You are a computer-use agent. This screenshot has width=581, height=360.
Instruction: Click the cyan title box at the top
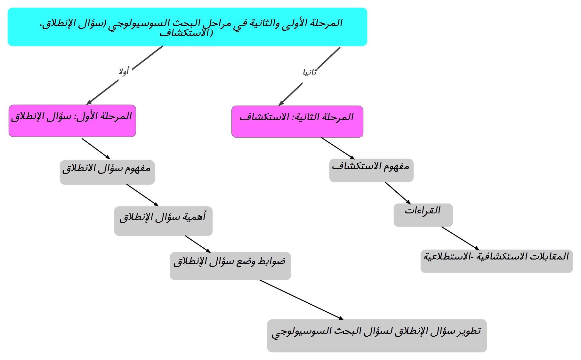(187, 27)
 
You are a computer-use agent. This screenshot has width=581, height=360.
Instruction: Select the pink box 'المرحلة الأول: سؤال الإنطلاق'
(72, 121)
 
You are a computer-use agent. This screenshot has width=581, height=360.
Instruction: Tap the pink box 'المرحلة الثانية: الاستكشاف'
(297, 122)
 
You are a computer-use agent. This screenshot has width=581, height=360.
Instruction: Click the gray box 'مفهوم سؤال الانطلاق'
(107, 172)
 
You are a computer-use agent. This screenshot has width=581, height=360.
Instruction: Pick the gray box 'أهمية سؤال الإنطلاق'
(163, 221)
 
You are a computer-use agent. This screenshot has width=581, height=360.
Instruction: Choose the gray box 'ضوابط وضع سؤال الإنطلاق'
(230, 266)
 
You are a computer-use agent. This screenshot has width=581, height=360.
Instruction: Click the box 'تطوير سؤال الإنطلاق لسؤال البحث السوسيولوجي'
(377, 336)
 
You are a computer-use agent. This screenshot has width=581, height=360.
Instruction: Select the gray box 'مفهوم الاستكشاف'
(371, 170)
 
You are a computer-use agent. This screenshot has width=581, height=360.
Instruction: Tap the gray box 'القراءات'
(423, 215)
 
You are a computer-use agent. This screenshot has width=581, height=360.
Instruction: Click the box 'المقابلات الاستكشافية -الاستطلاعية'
(496, 261)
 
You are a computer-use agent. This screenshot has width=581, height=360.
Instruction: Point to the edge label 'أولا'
(124, 71)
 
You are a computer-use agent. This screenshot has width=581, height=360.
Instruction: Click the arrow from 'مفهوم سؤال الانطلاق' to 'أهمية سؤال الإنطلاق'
(142, 195)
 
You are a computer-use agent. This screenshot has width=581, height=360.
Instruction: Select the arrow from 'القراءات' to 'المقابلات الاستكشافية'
(460, 238)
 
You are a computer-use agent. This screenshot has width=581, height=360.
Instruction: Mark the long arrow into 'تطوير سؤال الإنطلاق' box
(301, 300)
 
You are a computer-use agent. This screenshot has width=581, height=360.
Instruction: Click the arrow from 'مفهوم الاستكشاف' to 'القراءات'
(398, 193)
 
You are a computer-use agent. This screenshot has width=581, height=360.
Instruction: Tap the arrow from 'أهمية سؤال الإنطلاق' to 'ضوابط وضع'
(198, 244)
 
